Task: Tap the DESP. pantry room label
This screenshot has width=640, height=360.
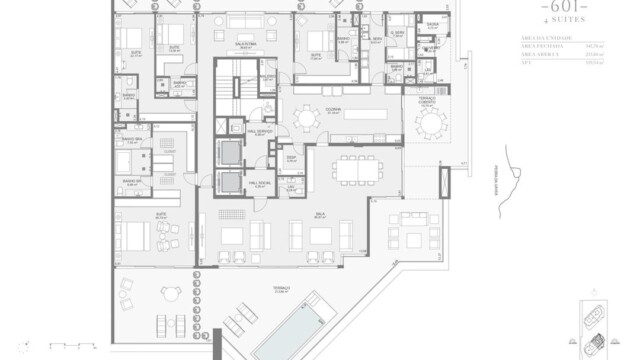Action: point(290,159)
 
